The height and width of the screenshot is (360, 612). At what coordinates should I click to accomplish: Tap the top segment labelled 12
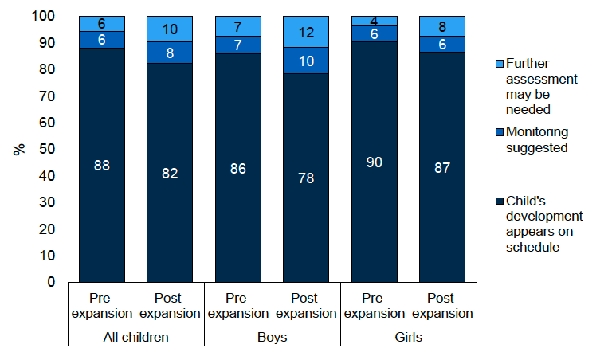point(307,31)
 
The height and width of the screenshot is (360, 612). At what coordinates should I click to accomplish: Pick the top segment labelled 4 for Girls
point(375,21)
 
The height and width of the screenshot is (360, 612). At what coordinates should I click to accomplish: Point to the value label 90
point(375,162)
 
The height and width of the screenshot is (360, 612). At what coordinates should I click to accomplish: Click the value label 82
point(170,173)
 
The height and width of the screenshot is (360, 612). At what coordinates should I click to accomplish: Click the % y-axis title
point(17,149)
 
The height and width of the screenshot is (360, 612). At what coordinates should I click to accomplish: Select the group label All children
point(136,337)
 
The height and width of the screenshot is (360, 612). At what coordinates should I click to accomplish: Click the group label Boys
point(273,337)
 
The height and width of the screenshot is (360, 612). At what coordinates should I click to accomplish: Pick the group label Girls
point(409,337)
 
